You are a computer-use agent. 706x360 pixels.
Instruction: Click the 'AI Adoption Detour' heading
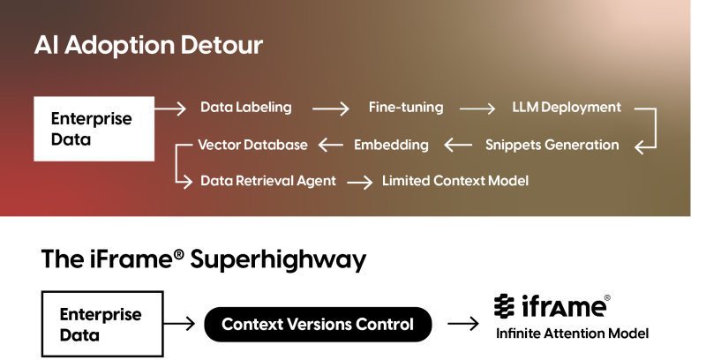pyautogui.click(x=148, y=45)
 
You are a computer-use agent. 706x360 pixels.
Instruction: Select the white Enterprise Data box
pyautogui.click(x=94, y=129)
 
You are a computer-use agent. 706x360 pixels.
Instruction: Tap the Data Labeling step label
pyautogui.click(x=246, y=107)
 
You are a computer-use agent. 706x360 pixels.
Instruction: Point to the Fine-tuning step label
pyautogui.click(x=406, y=107)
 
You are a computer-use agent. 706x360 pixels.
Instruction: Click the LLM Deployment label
pyautogui.click(x=567, y=107)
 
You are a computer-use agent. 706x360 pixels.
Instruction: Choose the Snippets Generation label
pyautogui.click(x=552, y=145)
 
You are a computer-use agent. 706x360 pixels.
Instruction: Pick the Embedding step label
pyautogui.click(x=391, y=145)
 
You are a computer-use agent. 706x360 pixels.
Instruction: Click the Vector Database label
pyautogui.click(x=252, y=145)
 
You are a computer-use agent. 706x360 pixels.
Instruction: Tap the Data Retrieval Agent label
pyautogui.click(x=268, y=181)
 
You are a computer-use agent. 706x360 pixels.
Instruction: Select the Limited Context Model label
pyautogui.click(x=455, y=181)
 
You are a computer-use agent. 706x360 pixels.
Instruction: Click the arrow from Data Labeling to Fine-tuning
pyautogui.click(x=330, y=109)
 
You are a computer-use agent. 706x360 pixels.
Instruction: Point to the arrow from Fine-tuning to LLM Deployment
pyautogui.click(x=477, y=109)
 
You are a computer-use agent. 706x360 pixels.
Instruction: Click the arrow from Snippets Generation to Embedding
pyautogui.click(x=458, y=145)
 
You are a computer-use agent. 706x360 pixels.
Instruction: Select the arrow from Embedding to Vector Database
pyautogui.click(x=330, y=145)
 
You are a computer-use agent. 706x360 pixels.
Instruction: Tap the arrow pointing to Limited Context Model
pyautogui.click(x=360, y=183)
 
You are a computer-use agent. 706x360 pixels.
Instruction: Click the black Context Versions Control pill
pyautogui.click(x=318, y=324)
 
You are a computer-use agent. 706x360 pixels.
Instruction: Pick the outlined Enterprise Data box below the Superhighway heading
pyautogui.click(x=102, y=324)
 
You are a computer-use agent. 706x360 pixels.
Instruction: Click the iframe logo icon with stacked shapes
pyautogui.click(x=504, y=306)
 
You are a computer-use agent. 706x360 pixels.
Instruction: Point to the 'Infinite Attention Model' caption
pyautogui.click(x=572, y=334)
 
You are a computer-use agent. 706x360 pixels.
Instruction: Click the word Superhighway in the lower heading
pyautogui.click(x=278, y=260)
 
